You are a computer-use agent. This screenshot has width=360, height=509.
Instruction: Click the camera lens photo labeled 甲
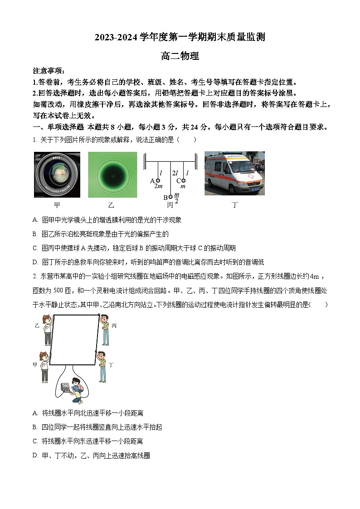57,175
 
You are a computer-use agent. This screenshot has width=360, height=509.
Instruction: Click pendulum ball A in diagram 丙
158,180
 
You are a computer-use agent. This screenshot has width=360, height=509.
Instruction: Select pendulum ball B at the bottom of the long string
170,197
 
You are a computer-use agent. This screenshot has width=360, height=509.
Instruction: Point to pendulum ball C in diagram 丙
184,180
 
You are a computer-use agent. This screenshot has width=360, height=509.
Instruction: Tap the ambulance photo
234,174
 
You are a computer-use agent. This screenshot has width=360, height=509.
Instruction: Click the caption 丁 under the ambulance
234,205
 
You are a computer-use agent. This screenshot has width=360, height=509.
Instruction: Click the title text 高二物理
180,56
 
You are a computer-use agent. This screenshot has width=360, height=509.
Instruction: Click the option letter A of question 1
35,220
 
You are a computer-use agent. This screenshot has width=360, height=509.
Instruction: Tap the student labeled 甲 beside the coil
44,366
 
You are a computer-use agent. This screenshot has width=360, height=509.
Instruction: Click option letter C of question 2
35,441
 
